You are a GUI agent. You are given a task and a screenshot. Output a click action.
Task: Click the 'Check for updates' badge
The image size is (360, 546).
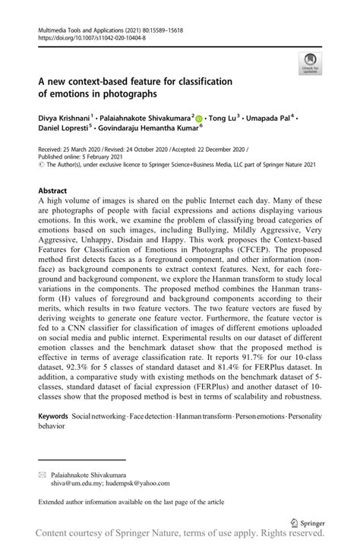click(x=309, y=63)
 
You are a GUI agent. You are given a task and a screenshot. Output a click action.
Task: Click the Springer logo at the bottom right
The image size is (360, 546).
click(x=307, y=524)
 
